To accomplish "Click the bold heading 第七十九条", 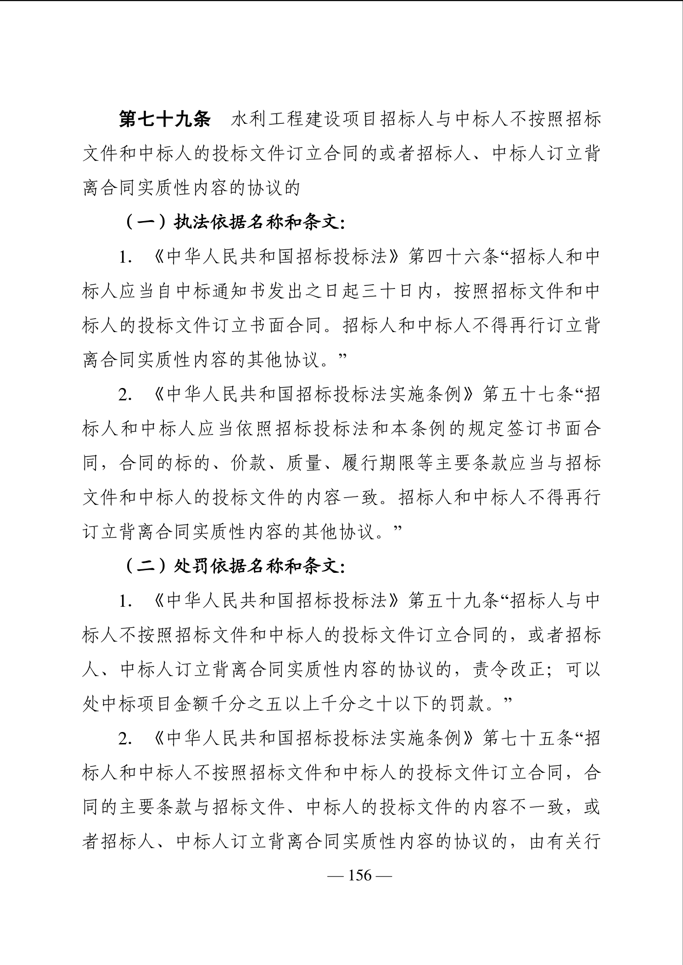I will click(164, 120).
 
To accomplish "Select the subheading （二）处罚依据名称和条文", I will click(234, 566).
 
